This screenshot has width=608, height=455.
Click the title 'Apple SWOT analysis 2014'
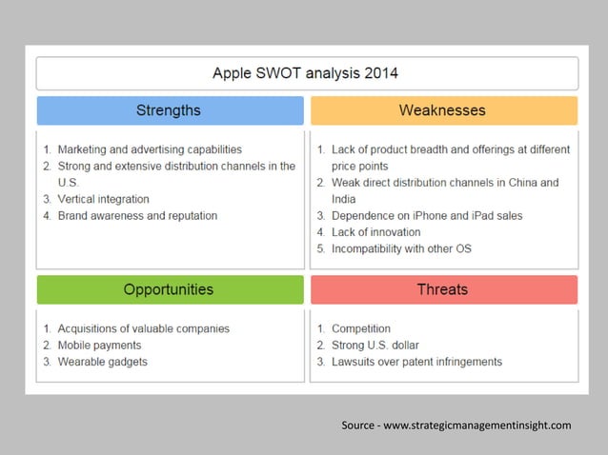[x=305, y=73]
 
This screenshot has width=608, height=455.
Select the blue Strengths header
[x=169, y=110]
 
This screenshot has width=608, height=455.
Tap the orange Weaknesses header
[x=442, y=110]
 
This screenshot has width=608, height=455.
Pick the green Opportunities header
[x=169, y=289]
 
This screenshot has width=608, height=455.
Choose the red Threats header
[x=442, y=289]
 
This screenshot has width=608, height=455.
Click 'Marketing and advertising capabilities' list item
[x=150, y=149]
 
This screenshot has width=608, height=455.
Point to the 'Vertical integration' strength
[x=103, y=199]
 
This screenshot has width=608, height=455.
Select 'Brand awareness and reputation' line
[x=137, y=216]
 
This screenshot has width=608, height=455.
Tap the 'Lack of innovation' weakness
[x=375, y=232]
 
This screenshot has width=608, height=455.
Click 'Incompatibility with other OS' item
[x=401, y=248]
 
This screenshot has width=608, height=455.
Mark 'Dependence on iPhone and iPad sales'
[x=427, y=216]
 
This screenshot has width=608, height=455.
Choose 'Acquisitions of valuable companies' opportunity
[x=143, y=328]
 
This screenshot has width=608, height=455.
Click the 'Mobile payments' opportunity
[x=99, y=345]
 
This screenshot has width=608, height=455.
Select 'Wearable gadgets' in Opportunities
[x=102, y=362]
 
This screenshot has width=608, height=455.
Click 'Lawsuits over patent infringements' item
[x=416, y=362]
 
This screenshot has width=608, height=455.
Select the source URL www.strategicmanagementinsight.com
[x=476, y=425]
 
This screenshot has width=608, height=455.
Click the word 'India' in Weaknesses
[x=343, y=199]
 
